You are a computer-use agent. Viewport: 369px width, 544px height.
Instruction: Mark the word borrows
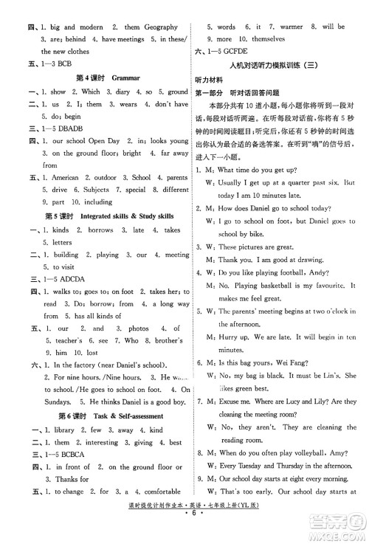pos(100,230)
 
